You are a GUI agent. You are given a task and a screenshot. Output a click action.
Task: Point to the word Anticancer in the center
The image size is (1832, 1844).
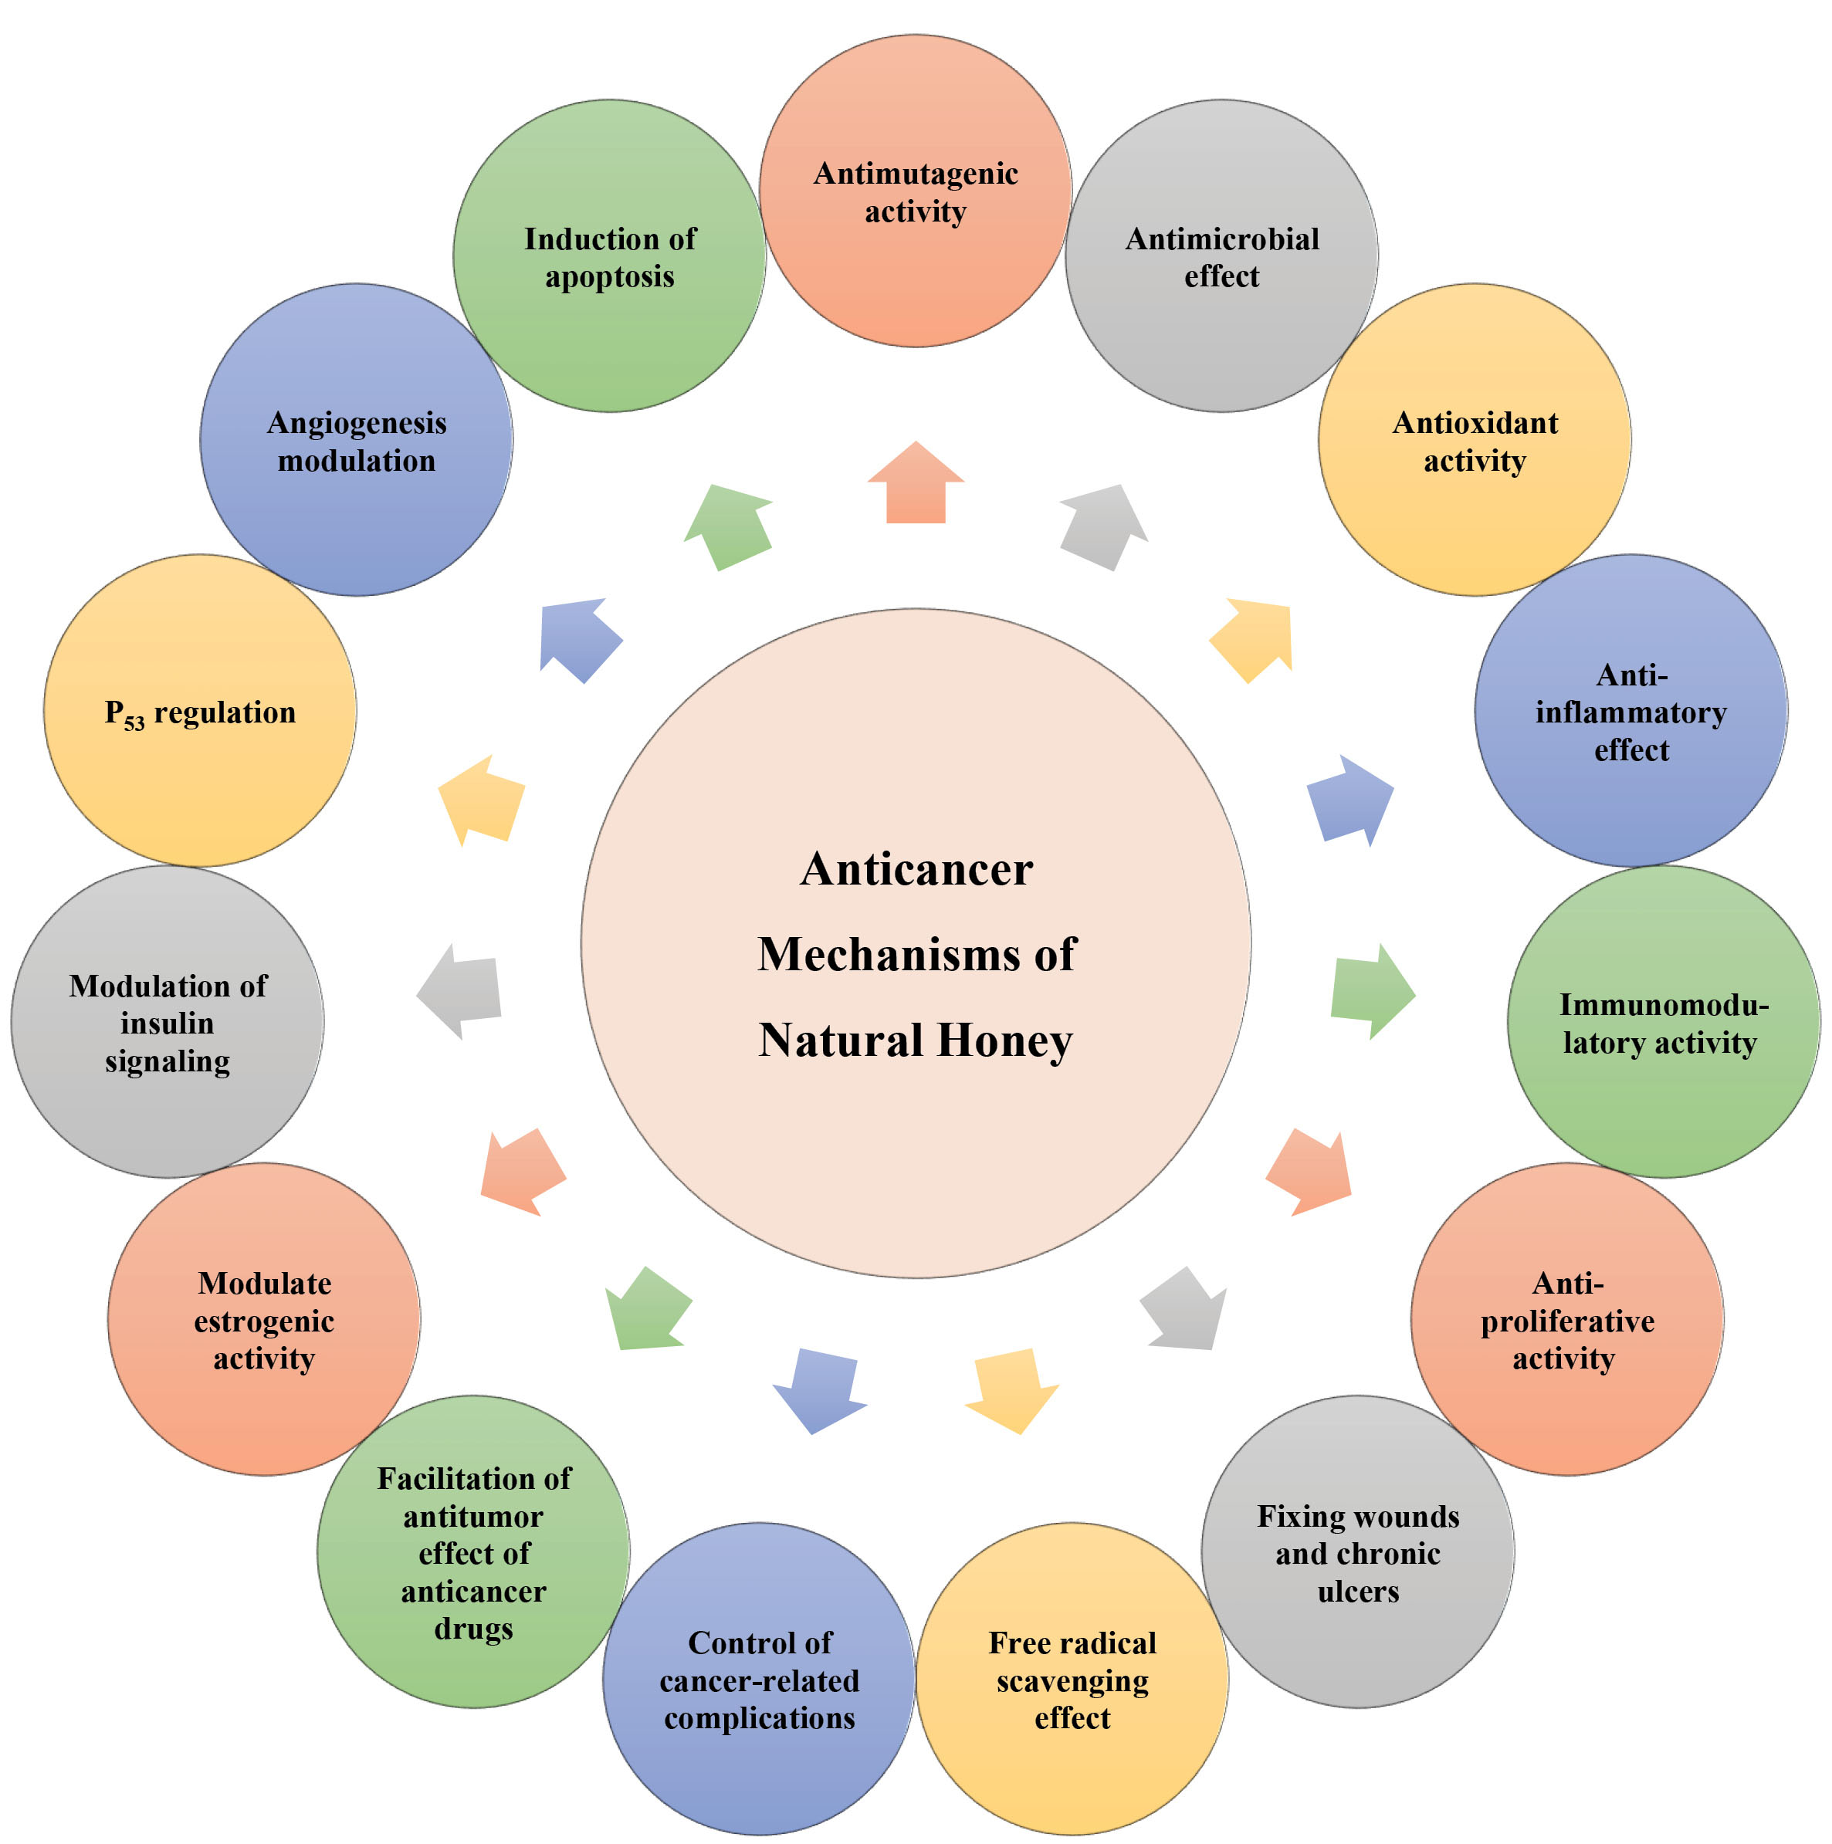click(x=916, y=869)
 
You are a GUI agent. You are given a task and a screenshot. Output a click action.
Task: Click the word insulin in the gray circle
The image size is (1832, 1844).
click(x=167, y=1024)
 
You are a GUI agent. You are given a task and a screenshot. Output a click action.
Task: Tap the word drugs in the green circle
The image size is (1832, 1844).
click(x=473, y=1629)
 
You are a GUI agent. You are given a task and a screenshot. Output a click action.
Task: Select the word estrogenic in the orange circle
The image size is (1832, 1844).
click(x=263, y=1321)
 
